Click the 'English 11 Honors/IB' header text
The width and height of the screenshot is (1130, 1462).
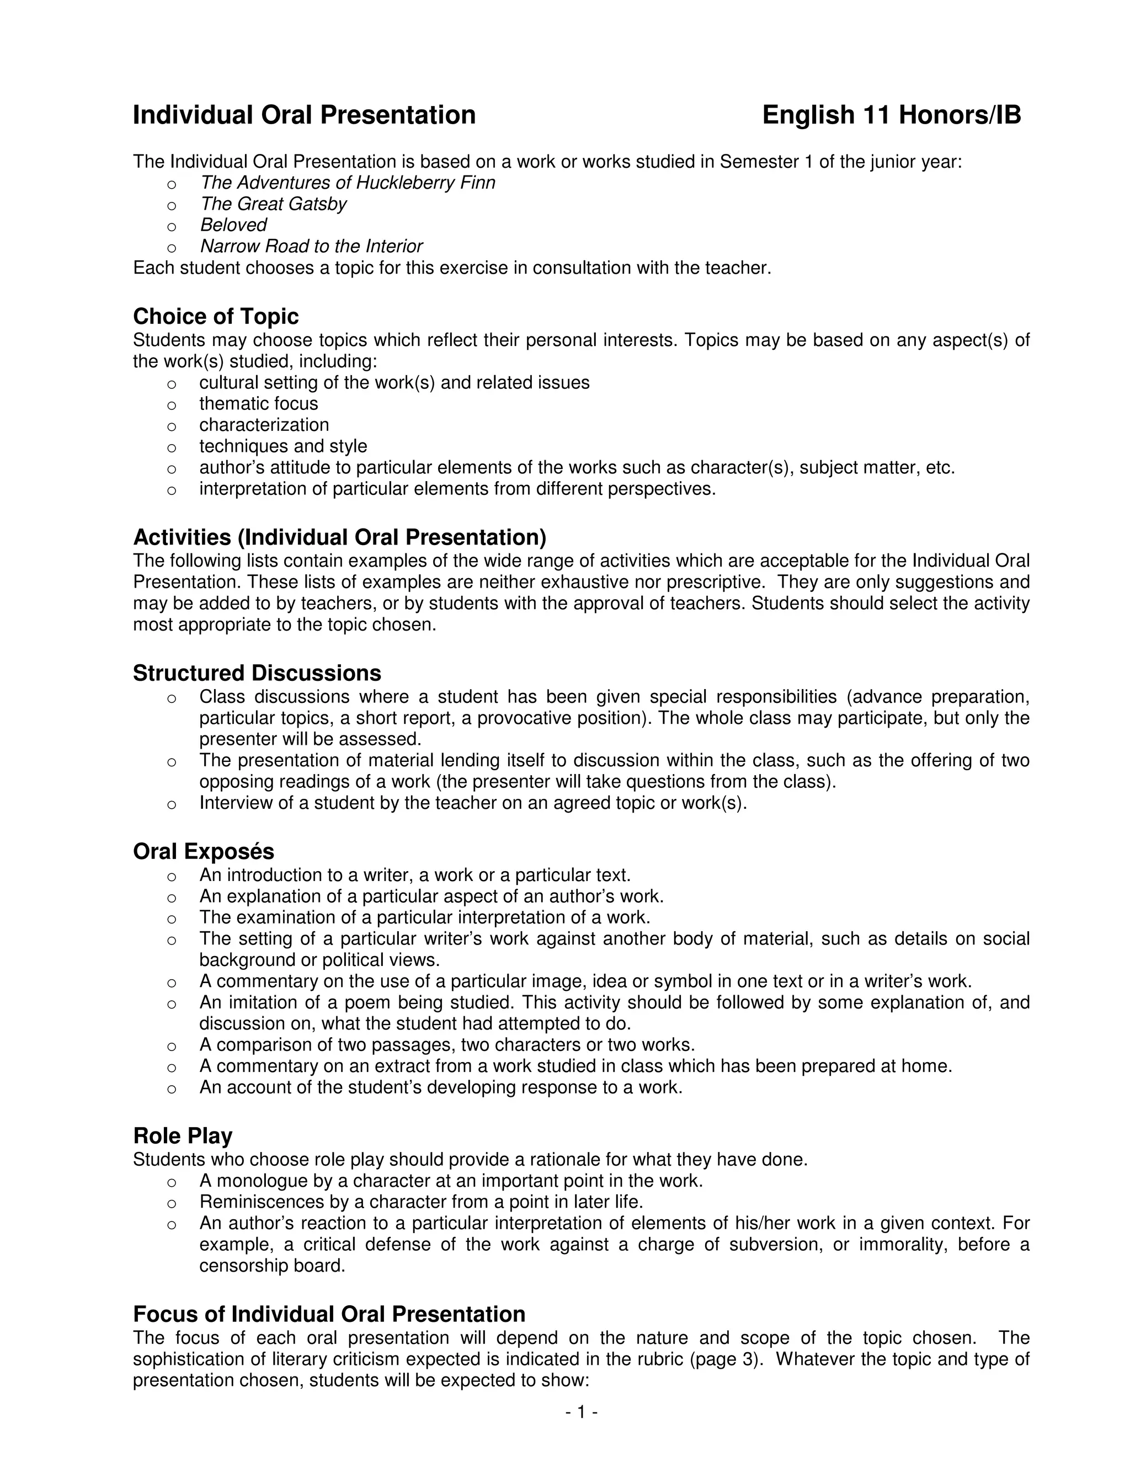[891, 115]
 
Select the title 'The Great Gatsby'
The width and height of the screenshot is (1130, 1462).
[273, 204]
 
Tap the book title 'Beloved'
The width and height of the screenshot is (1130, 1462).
[233, 225]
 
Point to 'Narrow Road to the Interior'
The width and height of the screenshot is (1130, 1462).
[311, 247]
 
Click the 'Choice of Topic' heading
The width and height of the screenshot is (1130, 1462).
[216, 316]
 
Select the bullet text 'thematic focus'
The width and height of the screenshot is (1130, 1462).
[258, 404]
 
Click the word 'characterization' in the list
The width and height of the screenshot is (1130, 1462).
[264, 425]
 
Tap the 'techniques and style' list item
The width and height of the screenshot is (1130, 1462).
[282, 446]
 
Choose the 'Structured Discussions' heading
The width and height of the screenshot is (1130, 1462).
[257, 673]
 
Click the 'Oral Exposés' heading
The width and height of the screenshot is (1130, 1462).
[204, 851]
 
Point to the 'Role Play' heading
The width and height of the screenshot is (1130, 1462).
[183, 1136]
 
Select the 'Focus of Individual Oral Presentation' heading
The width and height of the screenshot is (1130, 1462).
[329, 1314]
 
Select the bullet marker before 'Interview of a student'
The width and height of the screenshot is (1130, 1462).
[172, 804]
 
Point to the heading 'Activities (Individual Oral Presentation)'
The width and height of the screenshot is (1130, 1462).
[339, 537]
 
